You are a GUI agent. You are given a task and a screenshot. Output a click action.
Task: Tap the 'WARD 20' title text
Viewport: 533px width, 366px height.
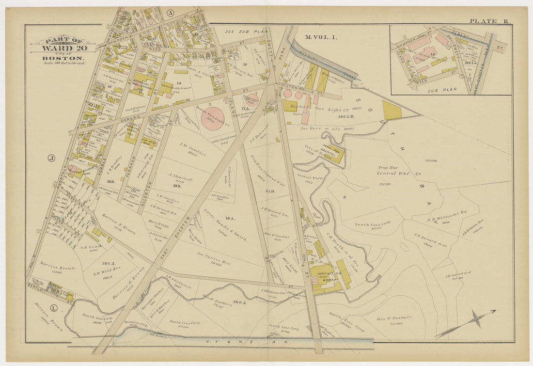(57, 48)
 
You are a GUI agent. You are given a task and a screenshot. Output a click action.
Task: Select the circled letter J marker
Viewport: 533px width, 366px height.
(51, 158)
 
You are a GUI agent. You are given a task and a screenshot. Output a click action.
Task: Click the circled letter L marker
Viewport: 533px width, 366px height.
(54, 308)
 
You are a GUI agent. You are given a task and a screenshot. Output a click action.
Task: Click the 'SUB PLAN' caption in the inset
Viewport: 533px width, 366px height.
(439, 90)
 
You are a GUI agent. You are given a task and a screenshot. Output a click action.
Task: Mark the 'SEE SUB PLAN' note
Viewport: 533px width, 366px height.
(246, 32)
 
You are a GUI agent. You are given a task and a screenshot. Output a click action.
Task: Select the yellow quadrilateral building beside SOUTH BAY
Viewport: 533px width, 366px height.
(392, 111)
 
